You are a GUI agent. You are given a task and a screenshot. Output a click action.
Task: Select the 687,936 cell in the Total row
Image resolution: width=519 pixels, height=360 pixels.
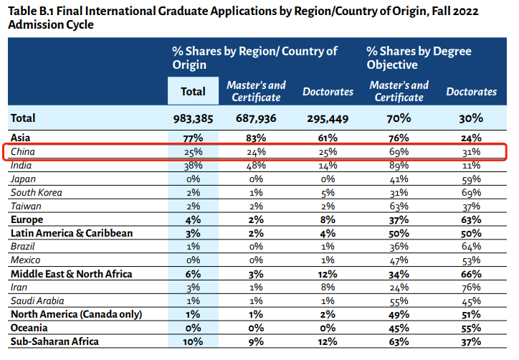click(x=256, y=118)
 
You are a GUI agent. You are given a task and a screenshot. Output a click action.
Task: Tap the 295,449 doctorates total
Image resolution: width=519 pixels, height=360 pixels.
click(x=328, y=118)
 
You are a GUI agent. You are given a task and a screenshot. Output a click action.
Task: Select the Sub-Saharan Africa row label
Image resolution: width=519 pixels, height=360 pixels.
click(x=54, y=341)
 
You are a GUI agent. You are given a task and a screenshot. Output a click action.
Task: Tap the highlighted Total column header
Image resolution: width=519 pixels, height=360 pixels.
click(x=193, y=91)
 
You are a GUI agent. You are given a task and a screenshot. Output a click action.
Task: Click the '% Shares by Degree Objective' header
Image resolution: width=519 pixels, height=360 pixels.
click(x=418, y=58)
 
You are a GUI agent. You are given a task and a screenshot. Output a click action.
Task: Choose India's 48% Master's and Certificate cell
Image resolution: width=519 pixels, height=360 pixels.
click(x=256, y=165)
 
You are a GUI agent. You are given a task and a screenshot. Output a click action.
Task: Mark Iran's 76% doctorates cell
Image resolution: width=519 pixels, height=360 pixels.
click(x=471, y=287)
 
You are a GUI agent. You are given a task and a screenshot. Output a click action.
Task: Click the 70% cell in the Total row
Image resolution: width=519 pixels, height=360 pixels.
click(x=399, y=118)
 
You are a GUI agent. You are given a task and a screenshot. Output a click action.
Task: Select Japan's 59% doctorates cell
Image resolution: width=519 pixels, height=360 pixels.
click(x=471, y=179)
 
